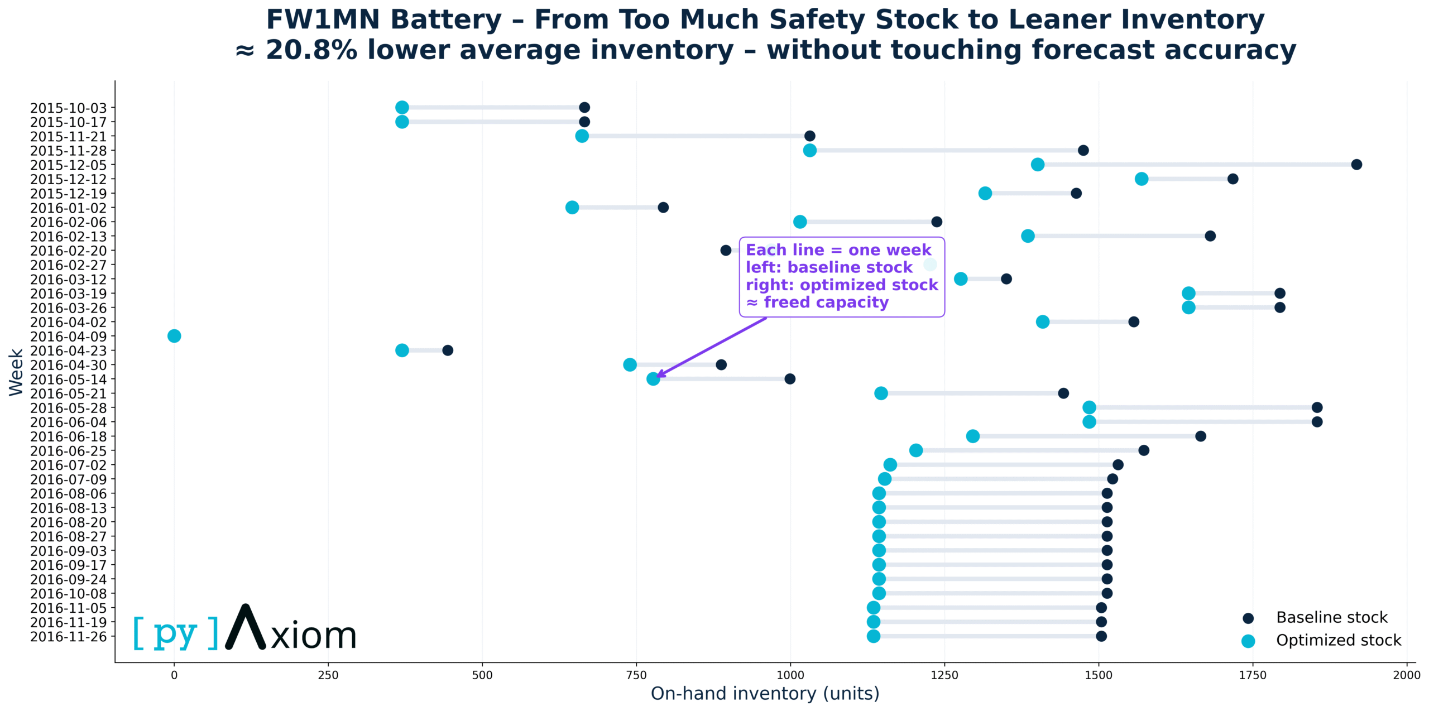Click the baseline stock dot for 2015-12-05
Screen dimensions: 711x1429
[1356, 165]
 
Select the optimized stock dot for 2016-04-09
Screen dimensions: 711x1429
[174, 336]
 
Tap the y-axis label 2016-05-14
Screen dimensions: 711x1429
[68, 379]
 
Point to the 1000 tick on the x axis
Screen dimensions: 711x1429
[790, 675]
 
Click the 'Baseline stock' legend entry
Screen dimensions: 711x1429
[1331, 617]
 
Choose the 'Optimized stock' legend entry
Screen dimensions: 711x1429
[1338, 640]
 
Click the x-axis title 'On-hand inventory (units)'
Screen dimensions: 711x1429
[765, 693]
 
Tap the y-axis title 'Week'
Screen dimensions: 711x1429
[16, 372]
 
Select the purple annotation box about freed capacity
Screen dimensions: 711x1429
[842, 277]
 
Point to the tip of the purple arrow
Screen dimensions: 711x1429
[657, 377]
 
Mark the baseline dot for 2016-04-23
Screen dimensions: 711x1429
[448, 350]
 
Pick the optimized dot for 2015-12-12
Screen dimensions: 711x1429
[1142, 179]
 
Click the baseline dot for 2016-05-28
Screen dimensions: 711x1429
[1317, 407]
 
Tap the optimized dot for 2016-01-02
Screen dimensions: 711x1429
[572, 208]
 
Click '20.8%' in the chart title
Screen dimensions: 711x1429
[311, 50]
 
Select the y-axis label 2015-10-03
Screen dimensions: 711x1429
[68, 108]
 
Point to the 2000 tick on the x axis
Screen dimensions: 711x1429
[1407, 675]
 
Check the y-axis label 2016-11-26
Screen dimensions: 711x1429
[68, 637]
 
